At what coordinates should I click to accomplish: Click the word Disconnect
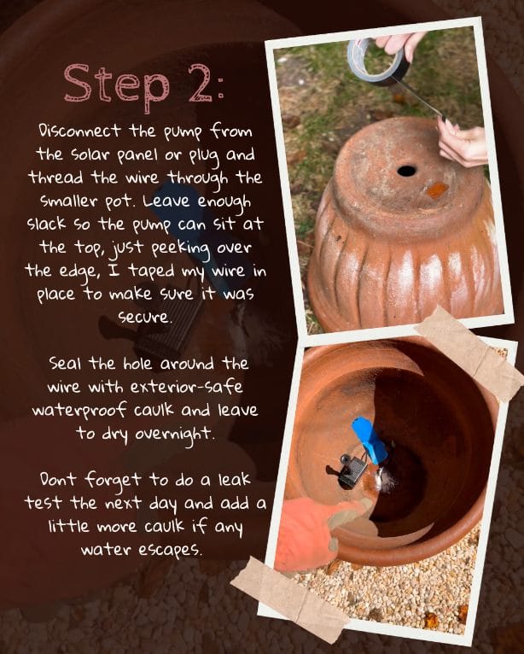click(x=79, y=131)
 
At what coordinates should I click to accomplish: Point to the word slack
click(x=46, y=224)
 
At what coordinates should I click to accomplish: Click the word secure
click(x=144, y=317)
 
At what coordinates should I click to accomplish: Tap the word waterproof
click(x=79, y=412)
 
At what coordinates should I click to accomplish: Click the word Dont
click(x=58, y=479)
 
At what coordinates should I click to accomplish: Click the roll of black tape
click(x=376, y=61)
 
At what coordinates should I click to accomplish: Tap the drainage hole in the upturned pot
click(x=406, y=170)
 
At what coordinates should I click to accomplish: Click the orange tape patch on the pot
click(x=437, y=190)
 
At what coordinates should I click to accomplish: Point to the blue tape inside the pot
click(x=370, y=440)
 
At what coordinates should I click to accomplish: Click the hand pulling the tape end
click(x=462, y=143)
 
